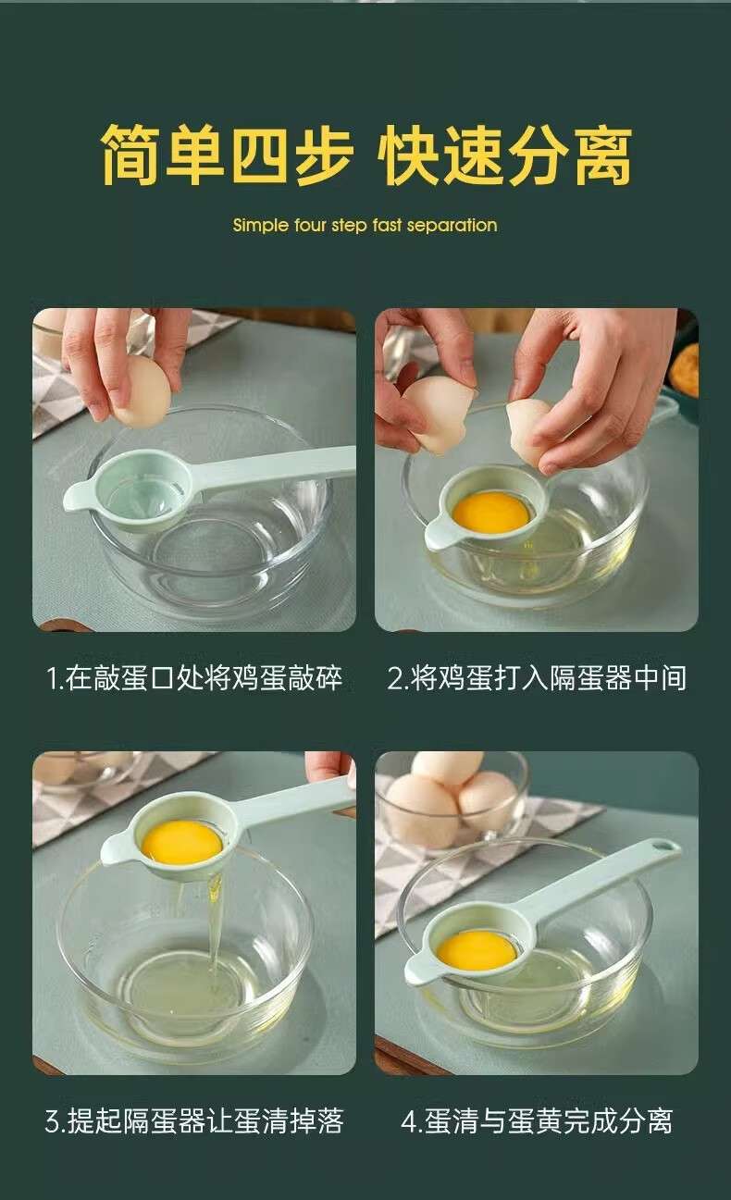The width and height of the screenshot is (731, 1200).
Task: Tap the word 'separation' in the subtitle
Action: (x=452, y=226)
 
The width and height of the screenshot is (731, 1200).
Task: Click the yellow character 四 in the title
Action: (x=259, y=155)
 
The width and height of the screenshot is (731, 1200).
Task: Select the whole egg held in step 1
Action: (x=141, y=391)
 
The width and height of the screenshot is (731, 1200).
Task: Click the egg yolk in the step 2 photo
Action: (x=490, y=513)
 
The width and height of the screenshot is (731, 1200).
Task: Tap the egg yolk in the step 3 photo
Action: (x=181, y=842)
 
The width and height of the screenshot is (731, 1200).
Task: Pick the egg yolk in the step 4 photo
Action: (x=477, y=951)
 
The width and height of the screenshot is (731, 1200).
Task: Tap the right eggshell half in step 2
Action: (x=529, y=432)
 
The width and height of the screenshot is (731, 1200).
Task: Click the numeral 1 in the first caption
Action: (x=52, y=678)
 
